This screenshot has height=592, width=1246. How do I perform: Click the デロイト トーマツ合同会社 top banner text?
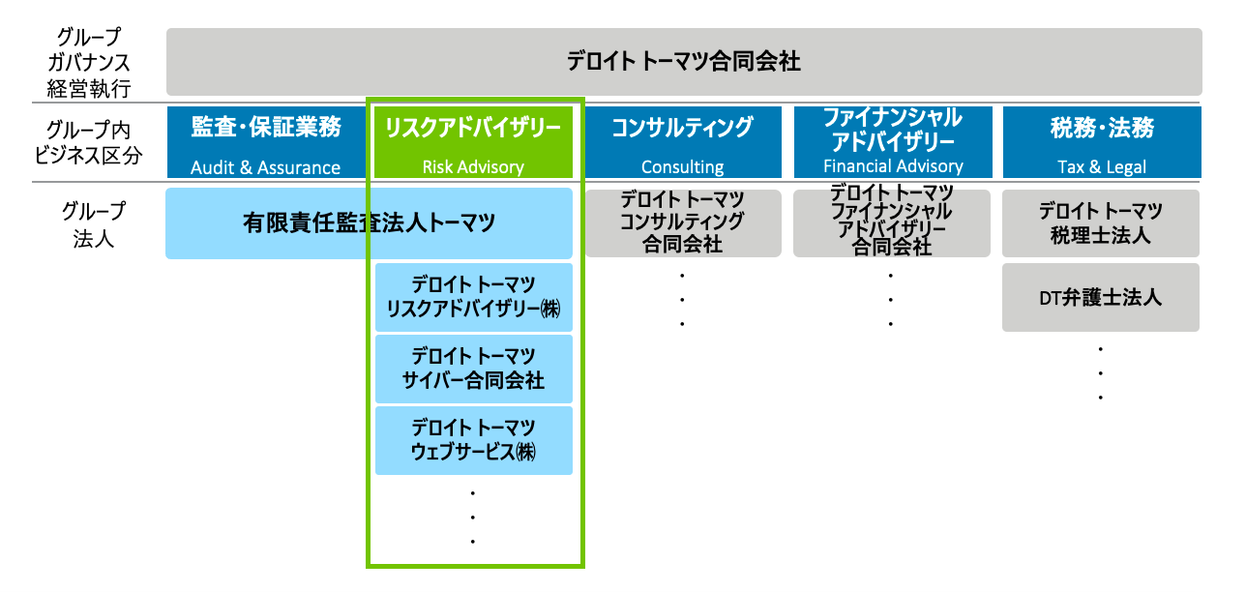(684, 61)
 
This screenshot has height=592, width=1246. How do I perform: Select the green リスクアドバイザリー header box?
(473, 142)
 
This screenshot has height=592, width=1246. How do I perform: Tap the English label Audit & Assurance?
(265, 167)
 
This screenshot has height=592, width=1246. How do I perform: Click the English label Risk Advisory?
(473, 167)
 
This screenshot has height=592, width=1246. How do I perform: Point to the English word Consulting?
(683, 167)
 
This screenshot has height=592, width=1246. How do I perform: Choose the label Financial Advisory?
(893, 165)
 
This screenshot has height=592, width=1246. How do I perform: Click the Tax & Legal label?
(1102, 167)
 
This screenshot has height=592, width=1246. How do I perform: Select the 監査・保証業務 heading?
(266, 127)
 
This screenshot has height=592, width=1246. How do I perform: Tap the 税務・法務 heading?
(1102, 128)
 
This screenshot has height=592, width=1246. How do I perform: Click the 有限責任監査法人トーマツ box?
(369, 223)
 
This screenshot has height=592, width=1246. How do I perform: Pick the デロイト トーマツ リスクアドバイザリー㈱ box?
(474, 297)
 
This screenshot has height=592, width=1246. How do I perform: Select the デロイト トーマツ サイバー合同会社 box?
(474, 369)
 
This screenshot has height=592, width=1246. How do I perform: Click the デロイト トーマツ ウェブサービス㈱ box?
(474, 440)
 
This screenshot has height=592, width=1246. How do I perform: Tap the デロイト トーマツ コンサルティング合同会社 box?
(683, 223)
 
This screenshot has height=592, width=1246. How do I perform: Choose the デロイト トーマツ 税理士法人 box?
(1101, 223)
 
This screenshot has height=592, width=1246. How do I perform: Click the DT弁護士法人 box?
(1101, 298)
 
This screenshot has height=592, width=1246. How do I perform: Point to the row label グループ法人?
(94, 224)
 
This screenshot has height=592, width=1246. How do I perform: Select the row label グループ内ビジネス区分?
(88, 142)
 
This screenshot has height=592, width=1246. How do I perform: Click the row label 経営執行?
(88, 88)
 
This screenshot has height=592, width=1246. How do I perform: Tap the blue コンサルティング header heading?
(683, 128)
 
